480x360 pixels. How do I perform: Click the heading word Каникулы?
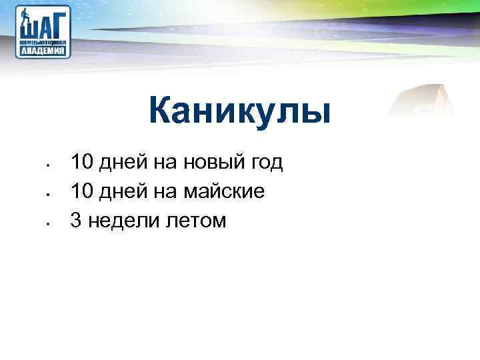pyautogui.click(x=240, y=111)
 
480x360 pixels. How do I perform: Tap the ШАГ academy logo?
pyautogui.click(x=44, y=31)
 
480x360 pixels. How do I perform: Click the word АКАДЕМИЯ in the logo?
pyautogui.click(x=44, y=49)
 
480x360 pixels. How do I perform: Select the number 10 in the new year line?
pyautogui.click(x=83, y=161)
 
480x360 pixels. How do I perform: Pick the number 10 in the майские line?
pyautogui.click(x=83, y=191)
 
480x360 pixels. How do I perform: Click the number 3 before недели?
pyautogui.click(x=75, y=221)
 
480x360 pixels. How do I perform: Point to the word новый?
pyautogui.click(x=216, y=162)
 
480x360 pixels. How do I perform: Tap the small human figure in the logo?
pyautogui.click(x=25, y=17)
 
